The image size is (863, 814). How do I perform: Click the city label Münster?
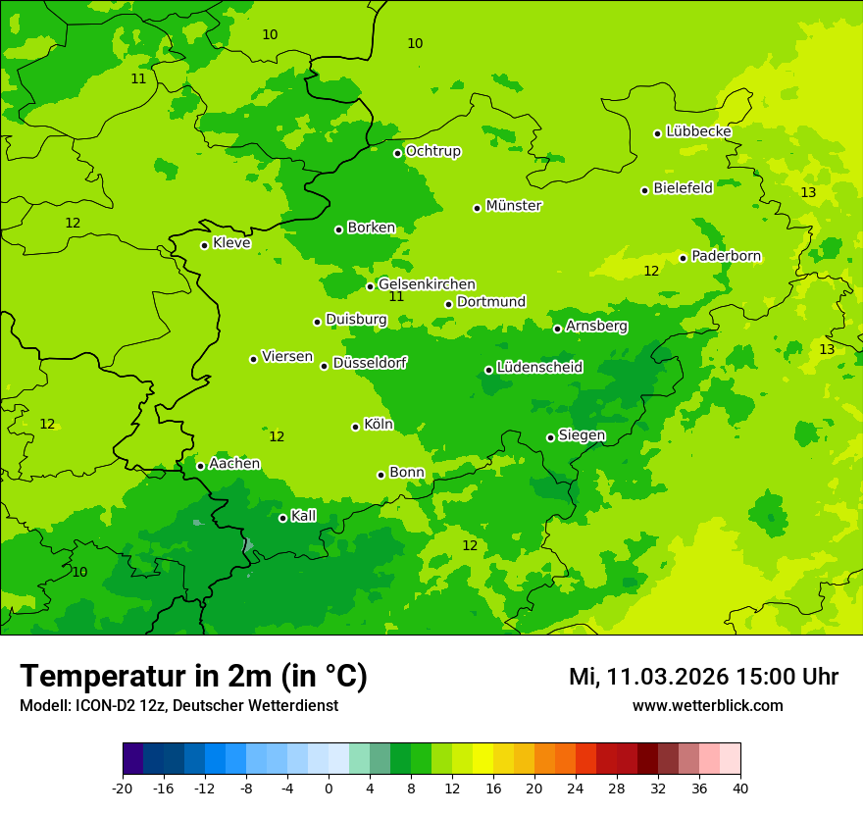(513, 206)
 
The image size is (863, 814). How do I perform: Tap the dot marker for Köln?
(355, 427)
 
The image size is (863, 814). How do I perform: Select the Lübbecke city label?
(698, 131)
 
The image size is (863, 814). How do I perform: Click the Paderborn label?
(726, 256)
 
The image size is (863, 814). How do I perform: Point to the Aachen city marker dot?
(200, 466)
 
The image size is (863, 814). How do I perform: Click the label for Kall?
(303, 516)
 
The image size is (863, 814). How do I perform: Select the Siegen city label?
(582, 435)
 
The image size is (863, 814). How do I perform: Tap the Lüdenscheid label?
(539, 368)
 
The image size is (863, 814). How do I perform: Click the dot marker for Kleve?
(204, 245)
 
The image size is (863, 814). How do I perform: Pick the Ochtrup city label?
(432, 151)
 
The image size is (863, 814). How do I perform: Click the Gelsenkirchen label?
(427, 284)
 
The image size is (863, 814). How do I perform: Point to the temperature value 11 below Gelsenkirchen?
(396, 297)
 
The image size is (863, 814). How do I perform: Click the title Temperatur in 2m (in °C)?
(193, 676)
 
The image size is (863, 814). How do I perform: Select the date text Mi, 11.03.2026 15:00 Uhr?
(703, 677)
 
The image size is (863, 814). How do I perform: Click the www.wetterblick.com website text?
(707, 706)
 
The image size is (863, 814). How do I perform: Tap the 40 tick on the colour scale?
(739, 789)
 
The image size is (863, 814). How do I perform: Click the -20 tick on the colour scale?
(123, 789)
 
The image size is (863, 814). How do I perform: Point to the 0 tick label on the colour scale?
(329, 789)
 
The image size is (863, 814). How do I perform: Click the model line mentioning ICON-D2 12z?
(178, 706)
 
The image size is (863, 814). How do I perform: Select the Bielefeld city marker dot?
(644, 190)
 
